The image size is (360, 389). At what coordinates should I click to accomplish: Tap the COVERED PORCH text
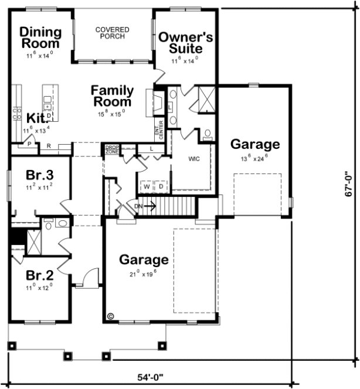113,33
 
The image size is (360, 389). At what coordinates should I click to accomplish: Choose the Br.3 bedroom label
40,175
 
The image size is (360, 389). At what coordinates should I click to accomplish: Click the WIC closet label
195,159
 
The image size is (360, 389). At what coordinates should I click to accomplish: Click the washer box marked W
146,186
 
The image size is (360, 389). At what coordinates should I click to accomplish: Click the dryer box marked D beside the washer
160,186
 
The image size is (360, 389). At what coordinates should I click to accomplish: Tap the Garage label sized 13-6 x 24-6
254,144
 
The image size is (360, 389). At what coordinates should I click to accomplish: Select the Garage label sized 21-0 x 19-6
144,260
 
